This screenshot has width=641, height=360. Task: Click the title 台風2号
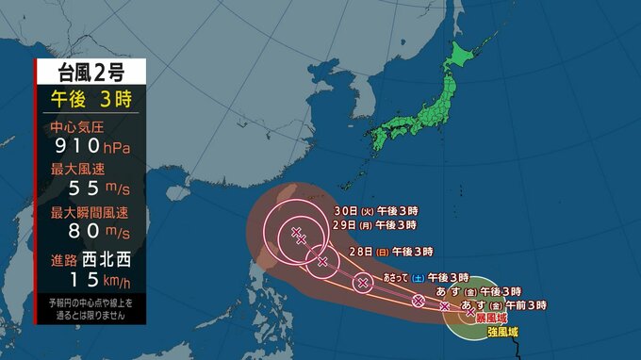pos(90,72)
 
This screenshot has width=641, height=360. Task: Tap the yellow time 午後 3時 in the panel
pos(90,98)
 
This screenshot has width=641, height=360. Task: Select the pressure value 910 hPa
pos(90,147)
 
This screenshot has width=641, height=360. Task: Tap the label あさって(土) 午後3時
pos(426,278)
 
